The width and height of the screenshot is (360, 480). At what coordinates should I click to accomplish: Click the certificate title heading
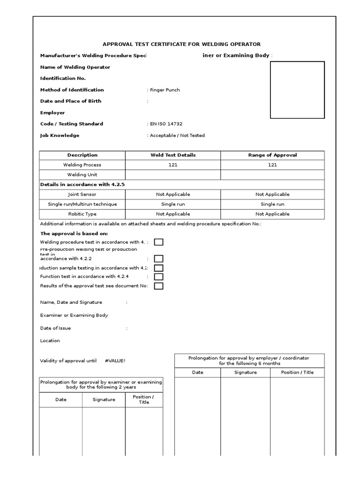tap(182, 44)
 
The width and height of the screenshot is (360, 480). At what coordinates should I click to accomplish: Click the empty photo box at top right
tap(297, 90)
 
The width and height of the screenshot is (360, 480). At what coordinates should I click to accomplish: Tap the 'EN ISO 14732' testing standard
tap(165, 124)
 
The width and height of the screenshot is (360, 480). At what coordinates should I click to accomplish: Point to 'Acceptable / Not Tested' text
tap(177, 135)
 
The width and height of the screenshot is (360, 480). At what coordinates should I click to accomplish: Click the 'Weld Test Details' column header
tap(173, 155)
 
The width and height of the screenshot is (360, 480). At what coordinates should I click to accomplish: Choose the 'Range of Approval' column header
tap(272, 155)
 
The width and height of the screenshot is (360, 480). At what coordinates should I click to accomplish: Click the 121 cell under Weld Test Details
tap(173, 165)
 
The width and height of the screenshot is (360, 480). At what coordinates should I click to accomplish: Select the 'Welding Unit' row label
tap(82, 175)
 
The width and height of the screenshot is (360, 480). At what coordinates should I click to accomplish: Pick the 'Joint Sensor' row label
tap(82, 194)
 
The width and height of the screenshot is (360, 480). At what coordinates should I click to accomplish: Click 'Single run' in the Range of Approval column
tap(272, 204)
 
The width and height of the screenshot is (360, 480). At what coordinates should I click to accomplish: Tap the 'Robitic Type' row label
tap(82, 214)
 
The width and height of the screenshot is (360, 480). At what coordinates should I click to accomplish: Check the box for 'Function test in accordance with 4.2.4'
tap(159, 277)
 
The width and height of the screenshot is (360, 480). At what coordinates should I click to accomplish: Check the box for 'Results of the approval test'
tap(159, 286)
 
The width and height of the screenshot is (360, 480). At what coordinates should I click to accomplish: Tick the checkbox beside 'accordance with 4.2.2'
tap(159, 259)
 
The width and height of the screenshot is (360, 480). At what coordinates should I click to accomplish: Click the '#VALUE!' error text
tap(115, 360)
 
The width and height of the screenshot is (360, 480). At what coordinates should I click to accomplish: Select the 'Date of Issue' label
tap(56, 328)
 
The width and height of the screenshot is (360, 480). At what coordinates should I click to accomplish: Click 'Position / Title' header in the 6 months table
tap(297, 373)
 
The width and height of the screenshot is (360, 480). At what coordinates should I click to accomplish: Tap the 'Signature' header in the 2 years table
tap(104, 400)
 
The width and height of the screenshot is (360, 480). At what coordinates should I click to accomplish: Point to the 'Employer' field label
tap(52, 113)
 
